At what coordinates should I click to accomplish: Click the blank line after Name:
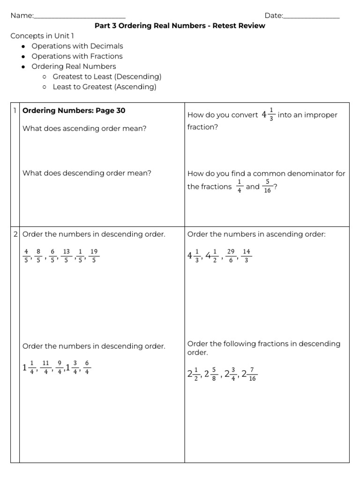[79, 17]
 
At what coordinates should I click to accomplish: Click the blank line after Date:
[311, 17]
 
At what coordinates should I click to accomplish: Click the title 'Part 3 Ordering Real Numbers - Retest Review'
[180, 26]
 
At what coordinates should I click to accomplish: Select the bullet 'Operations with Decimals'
[77, 46]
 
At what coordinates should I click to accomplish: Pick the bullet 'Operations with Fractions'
[77, 56]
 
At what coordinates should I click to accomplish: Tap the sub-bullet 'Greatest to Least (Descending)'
[107, 76]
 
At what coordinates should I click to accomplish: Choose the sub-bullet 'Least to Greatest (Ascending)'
[105, 87]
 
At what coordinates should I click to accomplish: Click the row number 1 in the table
[15, 111]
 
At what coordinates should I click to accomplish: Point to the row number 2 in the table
[15, 234]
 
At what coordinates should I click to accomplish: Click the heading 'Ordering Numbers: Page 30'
[74, 111]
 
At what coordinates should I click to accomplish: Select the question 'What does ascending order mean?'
[84, 128]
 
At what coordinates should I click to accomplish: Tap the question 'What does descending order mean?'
[87, 173]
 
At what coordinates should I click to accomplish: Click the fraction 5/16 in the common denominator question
[267, 187]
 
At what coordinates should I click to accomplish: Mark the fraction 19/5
[94, 256]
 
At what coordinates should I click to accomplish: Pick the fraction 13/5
[66, 256]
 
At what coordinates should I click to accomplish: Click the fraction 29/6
[231, 256]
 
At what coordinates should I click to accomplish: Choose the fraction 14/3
[247, 256]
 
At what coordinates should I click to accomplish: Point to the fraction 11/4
[45, 367]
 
